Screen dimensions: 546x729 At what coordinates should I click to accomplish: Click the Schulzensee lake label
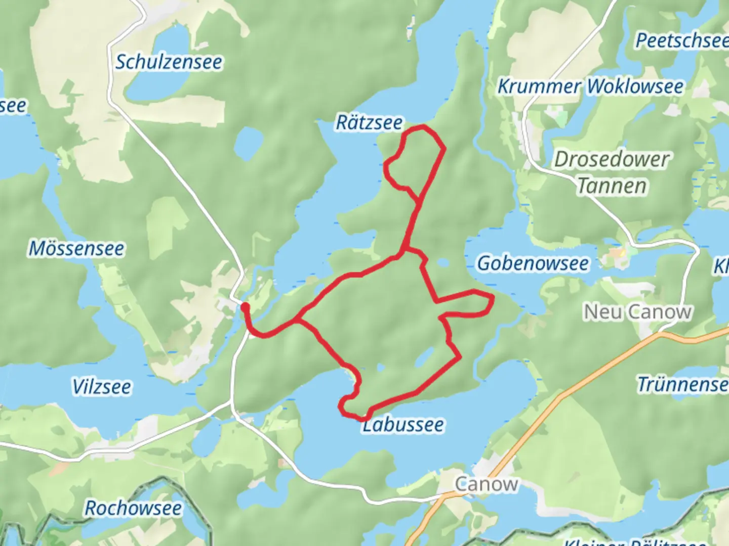(169, 62)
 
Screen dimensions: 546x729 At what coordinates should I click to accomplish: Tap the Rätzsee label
(370, 122)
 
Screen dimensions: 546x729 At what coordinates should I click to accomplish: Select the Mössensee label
(76, 248)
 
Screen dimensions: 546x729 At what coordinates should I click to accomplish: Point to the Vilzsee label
(102, 387)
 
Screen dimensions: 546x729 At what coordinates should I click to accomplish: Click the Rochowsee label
(133, 508)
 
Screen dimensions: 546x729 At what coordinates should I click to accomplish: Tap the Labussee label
(403, 425)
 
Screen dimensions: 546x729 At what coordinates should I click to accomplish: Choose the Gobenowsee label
(533, 263)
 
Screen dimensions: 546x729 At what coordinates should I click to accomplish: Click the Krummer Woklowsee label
(590, 86)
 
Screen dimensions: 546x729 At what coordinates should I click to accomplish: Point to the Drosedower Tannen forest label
(612, 172)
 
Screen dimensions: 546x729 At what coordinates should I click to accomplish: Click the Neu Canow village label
(638, 312)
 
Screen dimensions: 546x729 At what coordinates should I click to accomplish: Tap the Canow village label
(486, 484)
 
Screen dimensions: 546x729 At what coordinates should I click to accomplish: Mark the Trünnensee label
(682, 384)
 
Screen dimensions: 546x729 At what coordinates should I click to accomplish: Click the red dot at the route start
(245, 307)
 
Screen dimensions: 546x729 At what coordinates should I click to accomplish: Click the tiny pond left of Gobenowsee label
(443, 263)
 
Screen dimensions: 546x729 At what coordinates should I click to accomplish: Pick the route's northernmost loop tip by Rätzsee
(421, 127)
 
